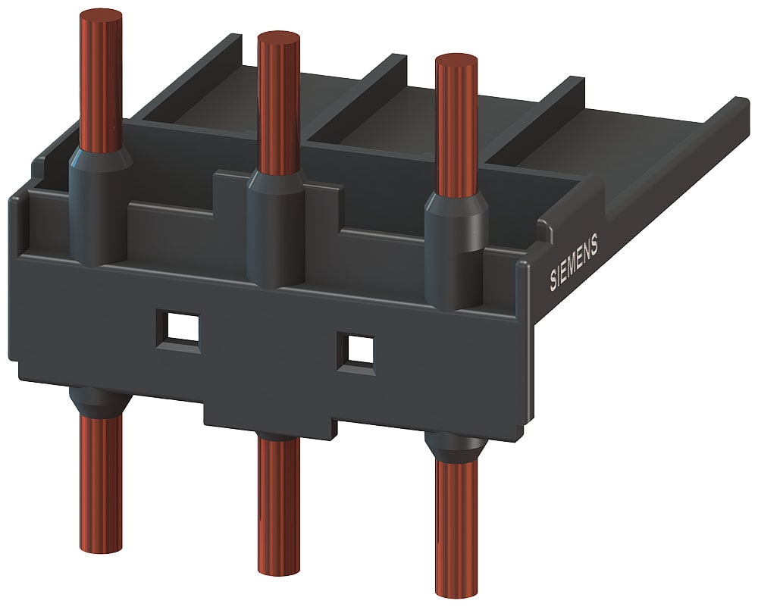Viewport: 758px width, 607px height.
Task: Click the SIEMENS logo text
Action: tap(574, 261)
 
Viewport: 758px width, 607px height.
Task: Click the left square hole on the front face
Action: tap(179, 328)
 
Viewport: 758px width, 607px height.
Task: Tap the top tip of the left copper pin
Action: tap(100, 16)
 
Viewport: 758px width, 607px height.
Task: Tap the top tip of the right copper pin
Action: tap(456, 60)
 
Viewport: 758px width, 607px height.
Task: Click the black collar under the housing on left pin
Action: tap(99, 402)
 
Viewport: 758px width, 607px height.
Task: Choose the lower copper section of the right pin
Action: tap(457, 523)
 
